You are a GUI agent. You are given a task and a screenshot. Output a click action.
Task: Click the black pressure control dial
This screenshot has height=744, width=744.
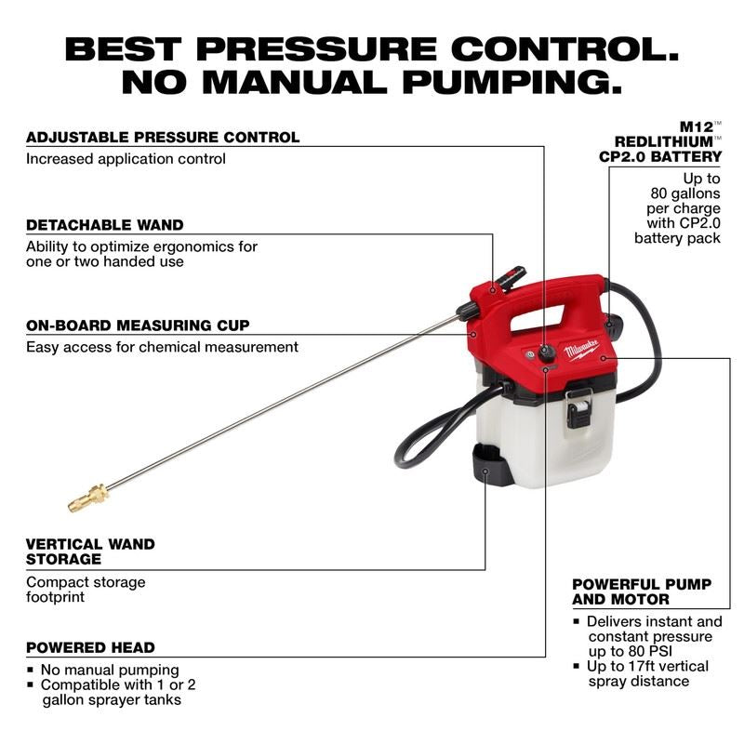point(545,353)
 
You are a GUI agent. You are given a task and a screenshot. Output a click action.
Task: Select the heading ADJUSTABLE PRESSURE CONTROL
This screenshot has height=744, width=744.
point(163,137)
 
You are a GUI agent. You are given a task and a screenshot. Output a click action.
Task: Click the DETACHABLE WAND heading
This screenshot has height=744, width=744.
point(105,225)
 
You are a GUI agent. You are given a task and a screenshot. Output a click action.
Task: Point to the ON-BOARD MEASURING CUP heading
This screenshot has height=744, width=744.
point(138,325)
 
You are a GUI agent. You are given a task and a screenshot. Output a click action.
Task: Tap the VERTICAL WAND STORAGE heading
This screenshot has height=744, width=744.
point(90,551)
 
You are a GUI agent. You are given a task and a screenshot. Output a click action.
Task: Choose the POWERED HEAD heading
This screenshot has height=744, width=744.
point(90,647)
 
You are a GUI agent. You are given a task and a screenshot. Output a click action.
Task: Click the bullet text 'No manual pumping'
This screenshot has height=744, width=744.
point(110,670)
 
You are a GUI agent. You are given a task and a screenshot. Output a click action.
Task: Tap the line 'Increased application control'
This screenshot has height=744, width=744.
point(126,159)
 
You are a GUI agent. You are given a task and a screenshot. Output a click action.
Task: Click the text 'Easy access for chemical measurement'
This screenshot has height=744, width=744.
point(162,347)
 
